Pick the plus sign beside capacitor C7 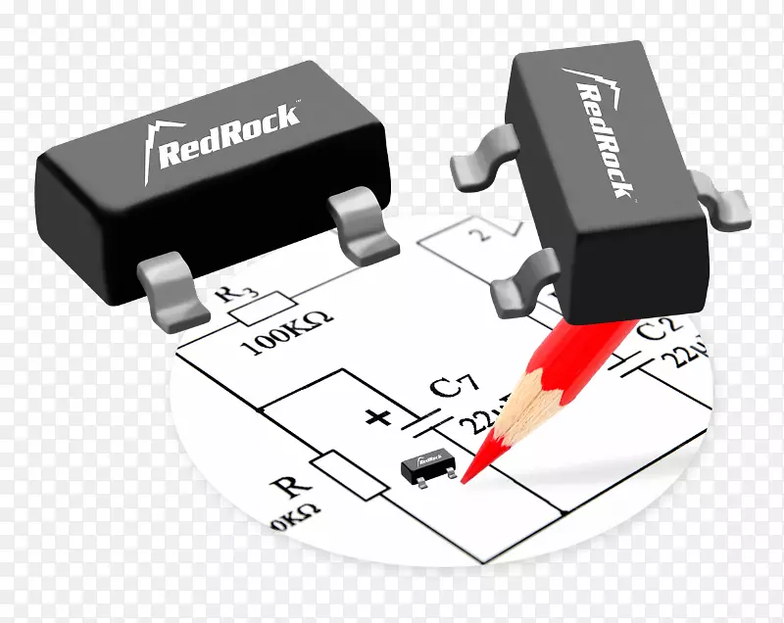377,418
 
